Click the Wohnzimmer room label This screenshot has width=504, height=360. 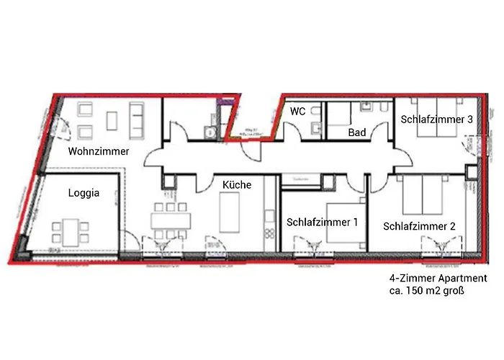click(99, 151)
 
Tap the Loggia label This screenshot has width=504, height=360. click(83, 193)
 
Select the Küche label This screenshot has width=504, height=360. click(237, 185)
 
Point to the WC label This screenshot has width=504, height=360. click(298, 112)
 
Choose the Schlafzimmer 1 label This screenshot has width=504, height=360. click(322, 222)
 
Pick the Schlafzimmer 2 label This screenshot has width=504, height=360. click(420, 226)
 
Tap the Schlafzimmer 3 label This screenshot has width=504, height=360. click(437, 120)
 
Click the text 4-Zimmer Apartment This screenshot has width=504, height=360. click(438, 279)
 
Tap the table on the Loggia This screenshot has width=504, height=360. click(70, 232)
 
